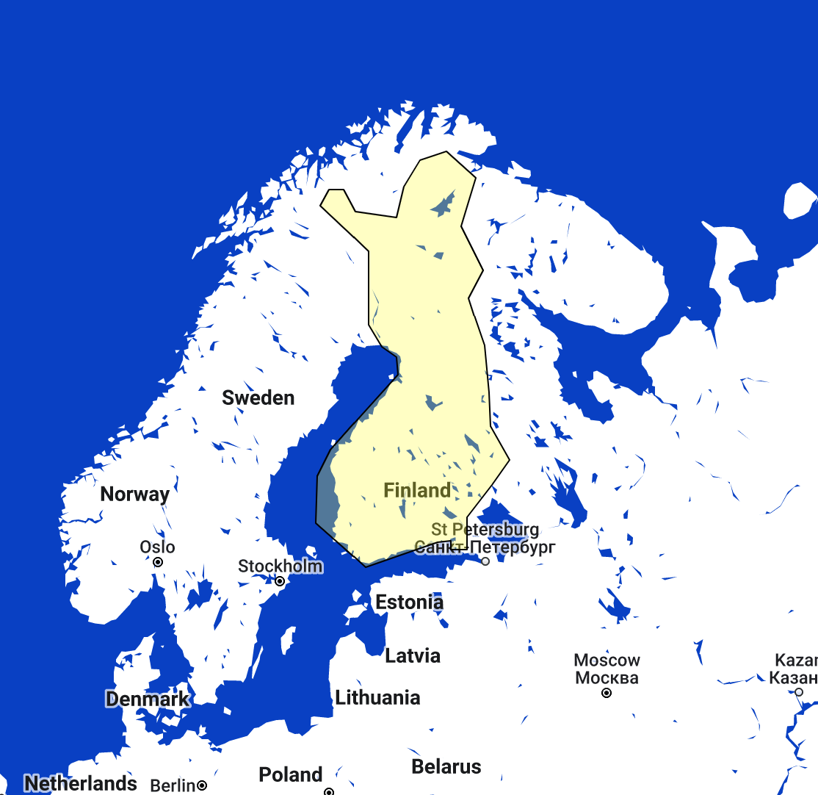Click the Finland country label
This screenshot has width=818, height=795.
[x=417, y=490]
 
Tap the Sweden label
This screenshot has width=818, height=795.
[x=258, y=397]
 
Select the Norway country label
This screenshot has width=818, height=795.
[x=134, y=494]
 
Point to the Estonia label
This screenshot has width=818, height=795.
[x=409, y=602]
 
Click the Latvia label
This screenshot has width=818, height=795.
[x=413, y=655]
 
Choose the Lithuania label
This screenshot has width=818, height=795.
[x=377, y=697]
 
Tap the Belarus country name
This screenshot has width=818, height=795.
[x=446, y=766]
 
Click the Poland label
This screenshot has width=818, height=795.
[x=291, y=774]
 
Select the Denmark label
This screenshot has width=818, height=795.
[x=147, y=699]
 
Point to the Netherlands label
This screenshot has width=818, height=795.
[x=81, y=783]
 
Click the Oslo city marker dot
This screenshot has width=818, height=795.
[x=158, y=562]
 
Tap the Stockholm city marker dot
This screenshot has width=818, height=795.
[x=280, y=581]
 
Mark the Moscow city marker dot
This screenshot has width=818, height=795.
[x=607, y=693]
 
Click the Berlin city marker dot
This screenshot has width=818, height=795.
[x=202, y=785]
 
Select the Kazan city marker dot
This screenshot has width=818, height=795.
[x=799, y=692]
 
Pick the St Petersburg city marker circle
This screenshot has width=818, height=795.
[x=485, y=561]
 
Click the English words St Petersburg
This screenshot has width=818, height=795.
[x=485, y=530]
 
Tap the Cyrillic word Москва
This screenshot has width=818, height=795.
[x=607, y=677]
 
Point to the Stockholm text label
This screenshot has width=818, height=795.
[x=280, y=566]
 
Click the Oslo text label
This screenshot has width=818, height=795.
[x=158, y=547]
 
